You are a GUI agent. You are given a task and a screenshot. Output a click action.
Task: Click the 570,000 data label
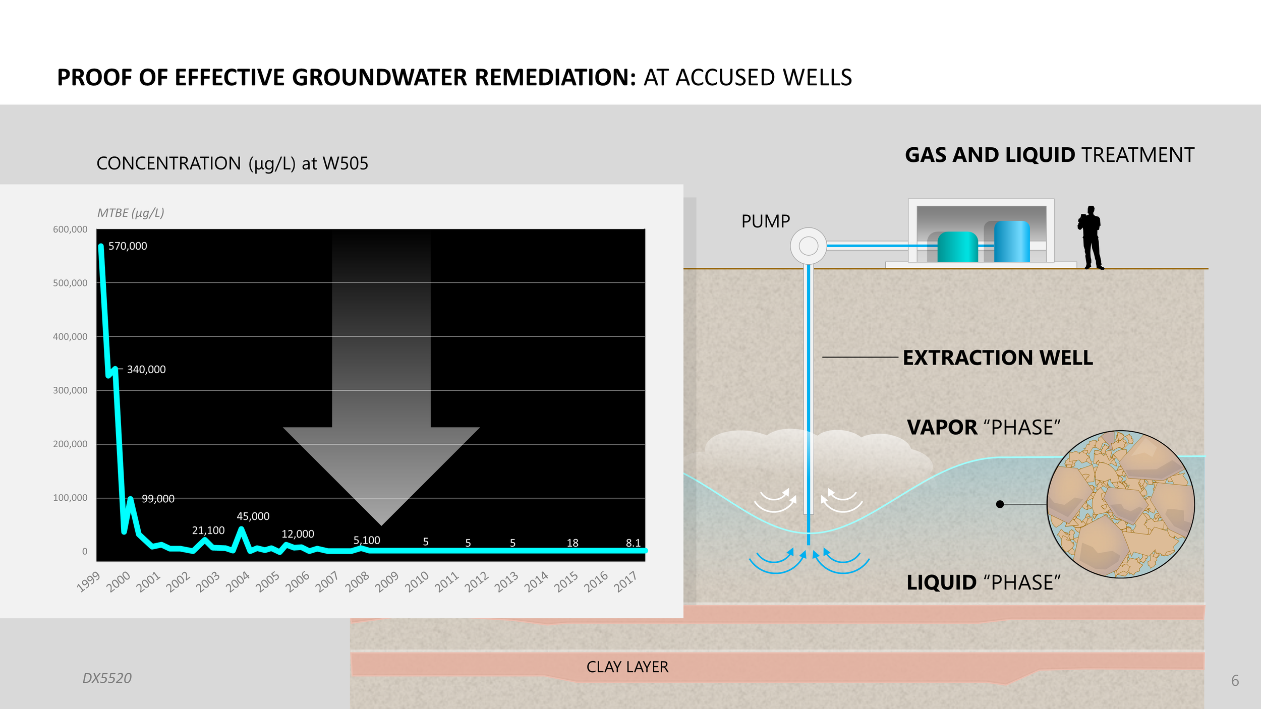(x=128, y=246)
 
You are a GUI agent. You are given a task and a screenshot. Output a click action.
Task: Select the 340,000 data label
(x=146, y=370)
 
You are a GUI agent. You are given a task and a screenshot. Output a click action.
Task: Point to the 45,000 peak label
(x=253, y=516)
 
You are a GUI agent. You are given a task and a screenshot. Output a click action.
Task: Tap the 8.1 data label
(x=633, y=543)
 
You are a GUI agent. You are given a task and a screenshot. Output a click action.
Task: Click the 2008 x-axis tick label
(x=358, y=582)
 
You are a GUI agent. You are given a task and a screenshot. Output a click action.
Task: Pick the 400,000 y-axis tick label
(x=70, y=337)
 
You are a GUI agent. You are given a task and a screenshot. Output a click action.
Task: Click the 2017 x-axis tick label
(x=626, y=582)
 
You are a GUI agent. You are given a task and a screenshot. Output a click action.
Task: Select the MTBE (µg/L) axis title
(x=131, y=213)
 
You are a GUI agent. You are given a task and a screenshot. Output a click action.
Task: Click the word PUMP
(x=765, y=221)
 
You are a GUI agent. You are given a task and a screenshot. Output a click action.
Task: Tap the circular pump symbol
(x=808, y=246)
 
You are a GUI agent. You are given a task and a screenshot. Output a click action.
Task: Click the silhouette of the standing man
(x=1091, y=237)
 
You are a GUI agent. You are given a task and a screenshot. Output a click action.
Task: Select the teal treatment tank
(x=957, y=247)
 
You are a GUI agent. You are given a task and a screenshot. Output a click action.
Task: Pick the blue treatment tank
(x=1011, y=242)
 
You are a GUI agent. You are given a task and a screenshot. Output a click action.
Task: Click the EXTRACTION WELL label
(x=998, y=358)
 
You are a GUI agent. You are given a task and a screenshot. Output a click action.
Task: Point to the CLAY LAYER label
(x=627, y=667)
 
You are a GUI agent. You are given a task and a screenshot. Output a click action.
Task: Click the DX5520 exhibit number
(x=107, y=678)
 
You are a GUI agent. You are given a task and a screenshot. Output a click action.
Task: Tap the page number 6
(x=1235, y=681)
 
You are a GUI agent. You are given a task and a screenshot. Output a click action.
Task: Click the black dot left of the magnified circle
(x=1000, y=504)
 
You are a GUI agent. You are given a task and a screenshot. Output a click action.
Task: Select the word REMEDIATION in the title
(x=555, y=78)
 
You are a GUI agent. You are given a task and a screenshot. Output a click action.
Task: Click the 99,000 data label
(x=158, y=499)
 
